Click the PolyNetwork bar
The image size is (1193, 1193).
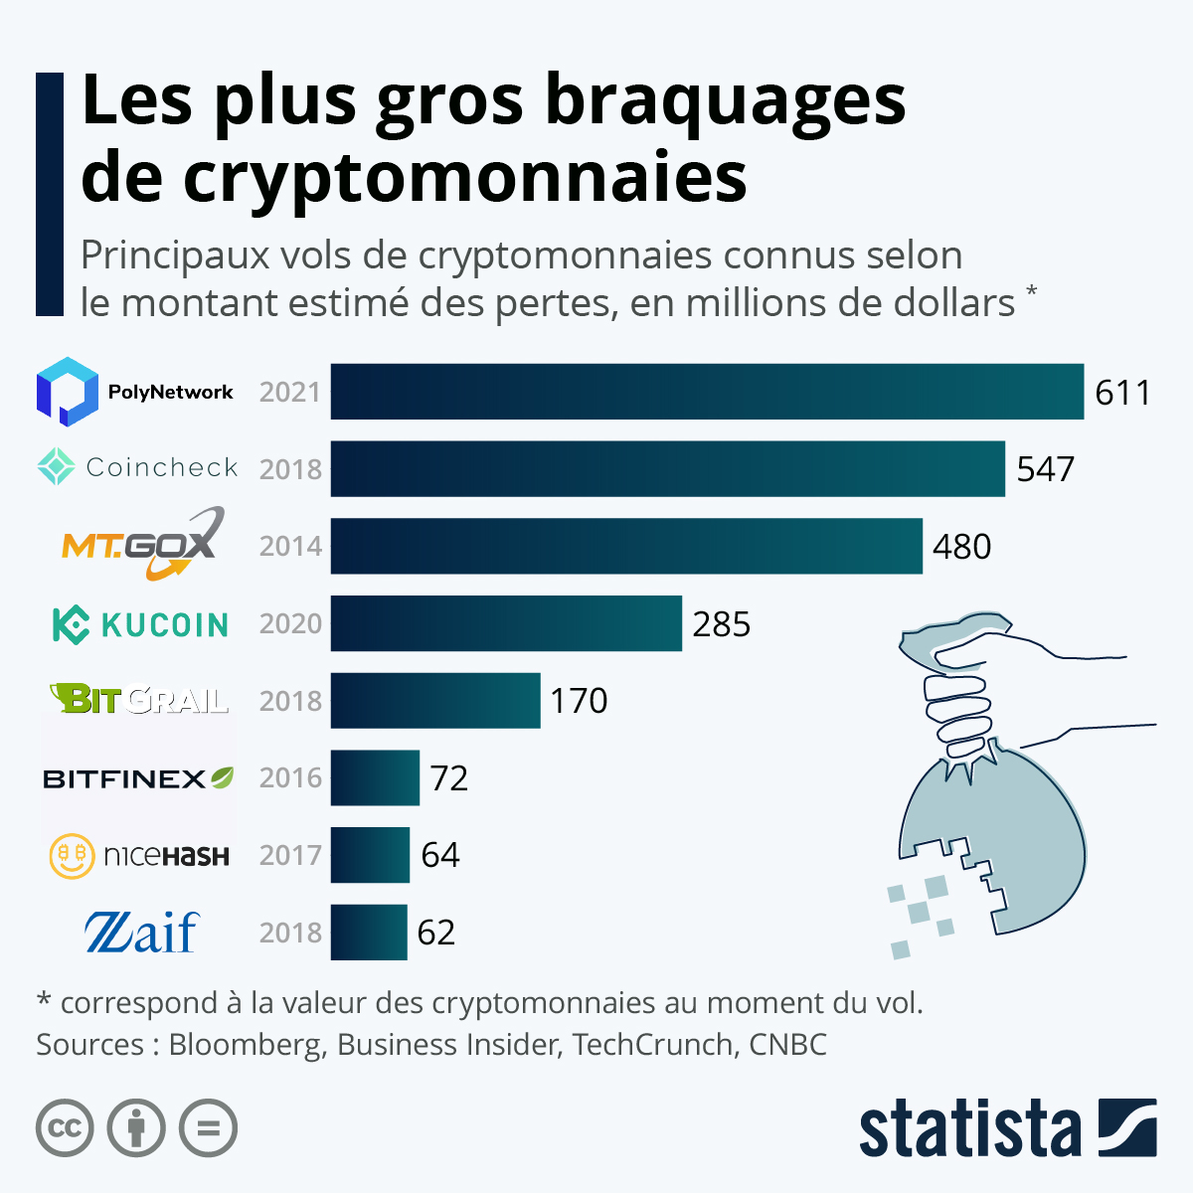[x=706, y=392]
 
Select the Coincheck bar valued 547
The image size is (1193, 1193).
[x=667, y=468]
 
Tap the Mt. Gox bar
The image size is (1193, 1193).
[x=626, y=546]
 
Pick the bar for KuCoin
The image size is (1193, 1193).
[x=506, y=623]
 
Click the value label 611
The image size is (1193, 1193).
[x=1122, y=393]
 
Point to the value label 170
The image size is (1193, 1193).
[x=579, y=701]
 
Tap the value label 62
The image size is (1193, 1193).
[x=436, y=933]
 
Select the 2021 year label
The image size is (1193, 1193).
[x=290, y=393]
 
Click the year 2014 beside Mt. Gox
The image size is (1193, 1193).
[x=290, y=546]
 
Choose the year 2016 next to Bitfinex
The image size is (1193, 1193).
[x=290, y=777]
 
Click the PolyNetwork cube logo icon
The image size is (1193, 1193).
[x=67, y=392]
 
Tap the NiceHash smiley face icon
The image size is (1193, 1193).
[x=72, y=855]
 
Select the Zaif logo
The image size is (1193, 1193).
[x=141, y=933]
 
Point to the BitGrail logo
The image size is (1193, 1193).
[x=139, y=699]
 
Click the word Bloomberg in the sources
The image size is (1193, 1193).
[x=246, y=1045]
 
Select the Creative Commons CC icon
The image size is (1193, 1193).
[x=65, y=1128]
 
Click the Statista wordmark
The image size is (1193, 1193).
[x=969, y=1130]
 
